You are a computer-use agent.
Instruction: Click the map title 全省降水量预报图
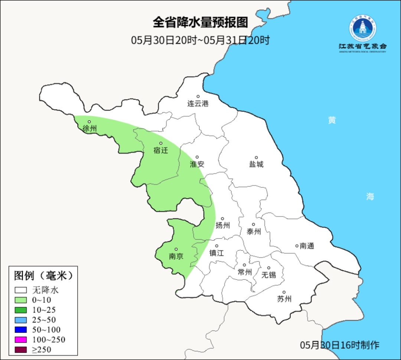pyautogui.click(x=200, y=23)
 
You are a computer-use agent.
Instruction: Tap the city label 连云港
pyautogui.click(x=198, y=104)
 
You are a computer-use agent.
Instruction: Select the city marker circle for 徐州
pyautogui.click(x=89, y=121)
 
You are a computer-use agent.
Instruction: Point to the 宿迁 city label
pyautogui.click(x=161, y=150)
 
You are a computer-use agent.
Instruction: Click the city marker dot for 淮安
pyautogui.click(x=197, y=157)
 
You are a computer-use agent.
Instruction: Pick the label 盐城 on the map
pyautogui.click(x=256, y=164)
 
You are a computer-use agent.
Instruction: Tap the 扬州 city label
pyautogui.click(x=223, y=225)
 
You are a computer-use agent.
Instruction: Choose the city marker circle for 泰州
pyautogui.click(x=254, y=224)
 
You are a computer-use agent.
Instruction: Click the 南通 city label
pyautogui.click(x=307, y=246)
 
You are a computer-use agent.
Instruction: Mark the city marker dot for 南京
pyautogui.click(x=176, y=249)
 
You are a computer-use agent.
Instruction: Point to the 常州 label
pyautogui.click(x=245, y=272)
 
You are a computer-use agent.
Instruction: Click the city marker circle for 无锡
pyautogui.click(x=269, y=268)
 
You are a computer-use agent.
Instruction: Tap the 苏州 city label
pyautogui.click(x=284, y=299)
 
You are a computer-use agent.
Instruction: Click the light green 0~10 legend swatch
pyautogui.click(x=21, y=300)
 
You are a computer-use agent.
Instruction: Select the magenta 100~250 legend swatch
pyautogui.click(x=21, y=340)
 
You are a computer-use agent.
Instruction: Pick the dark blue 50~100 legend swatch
pyautogui.click(x=21, y=330)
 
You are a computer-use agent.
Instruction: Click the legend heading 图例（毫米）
pyautogui.click(x=43, y=276)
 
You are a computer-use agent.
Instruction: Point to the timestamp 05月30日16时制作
pyautogui.click(x=340, y=345)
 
